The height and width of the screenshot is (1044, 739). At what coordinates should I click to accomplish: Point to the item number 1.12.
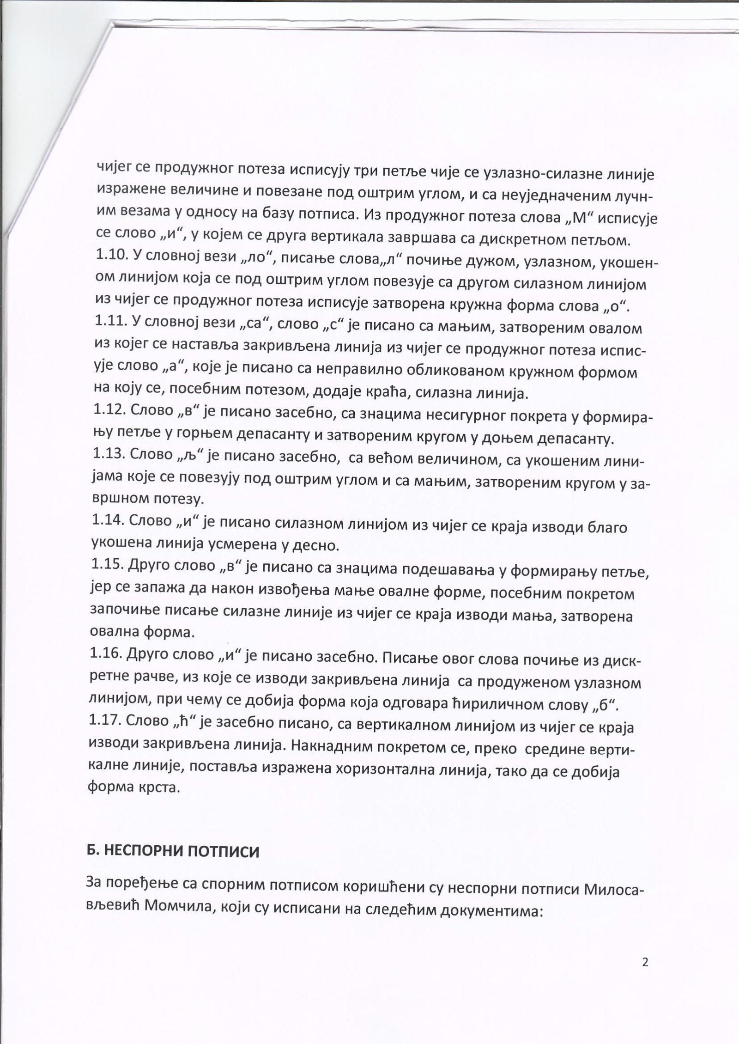click(109, 410)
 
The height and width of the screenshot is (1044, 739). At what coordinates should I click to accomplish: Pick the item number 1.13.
click(108, 454)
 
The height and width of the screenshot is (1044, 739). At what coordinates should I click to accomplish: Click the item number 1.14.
click(107, 520)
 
